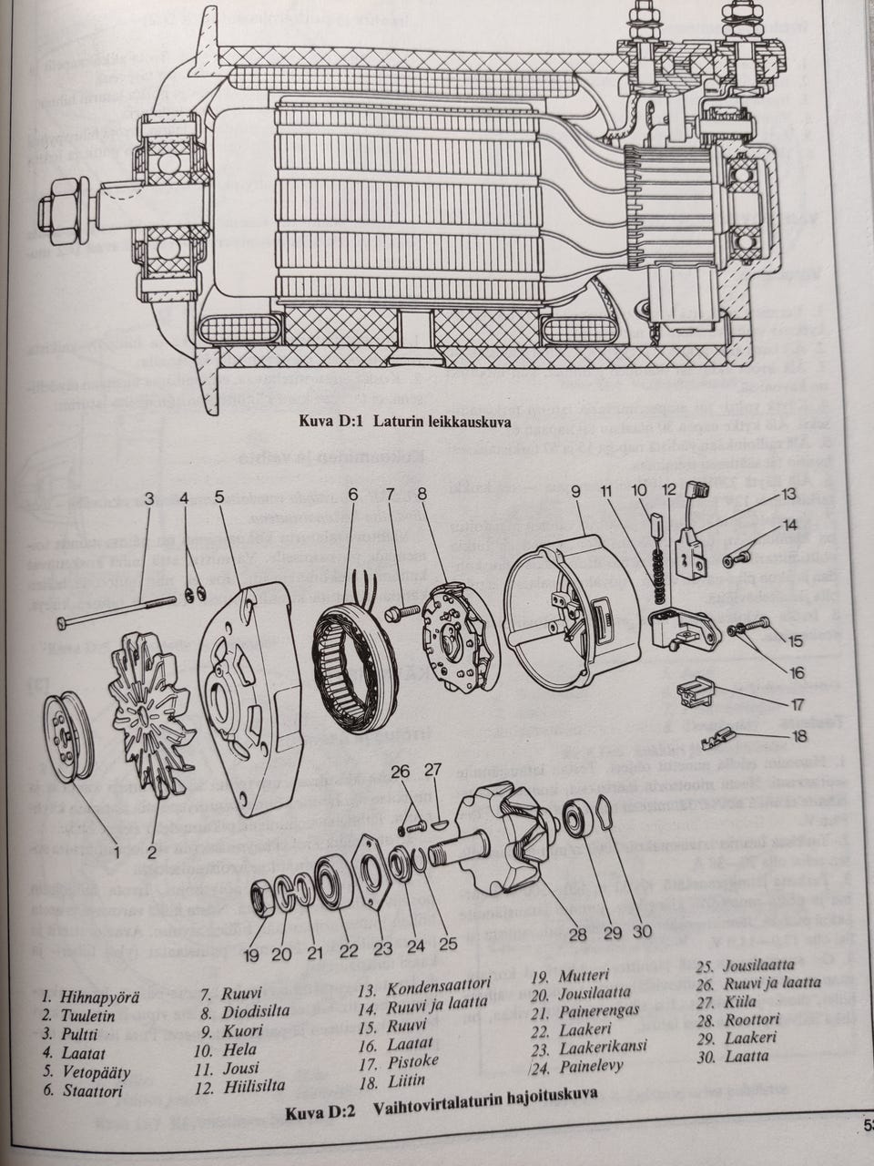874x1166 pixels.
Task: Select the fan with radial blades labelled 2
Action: [149, 719]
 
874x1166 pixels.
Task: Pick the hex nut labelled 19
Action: [263, 901]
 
